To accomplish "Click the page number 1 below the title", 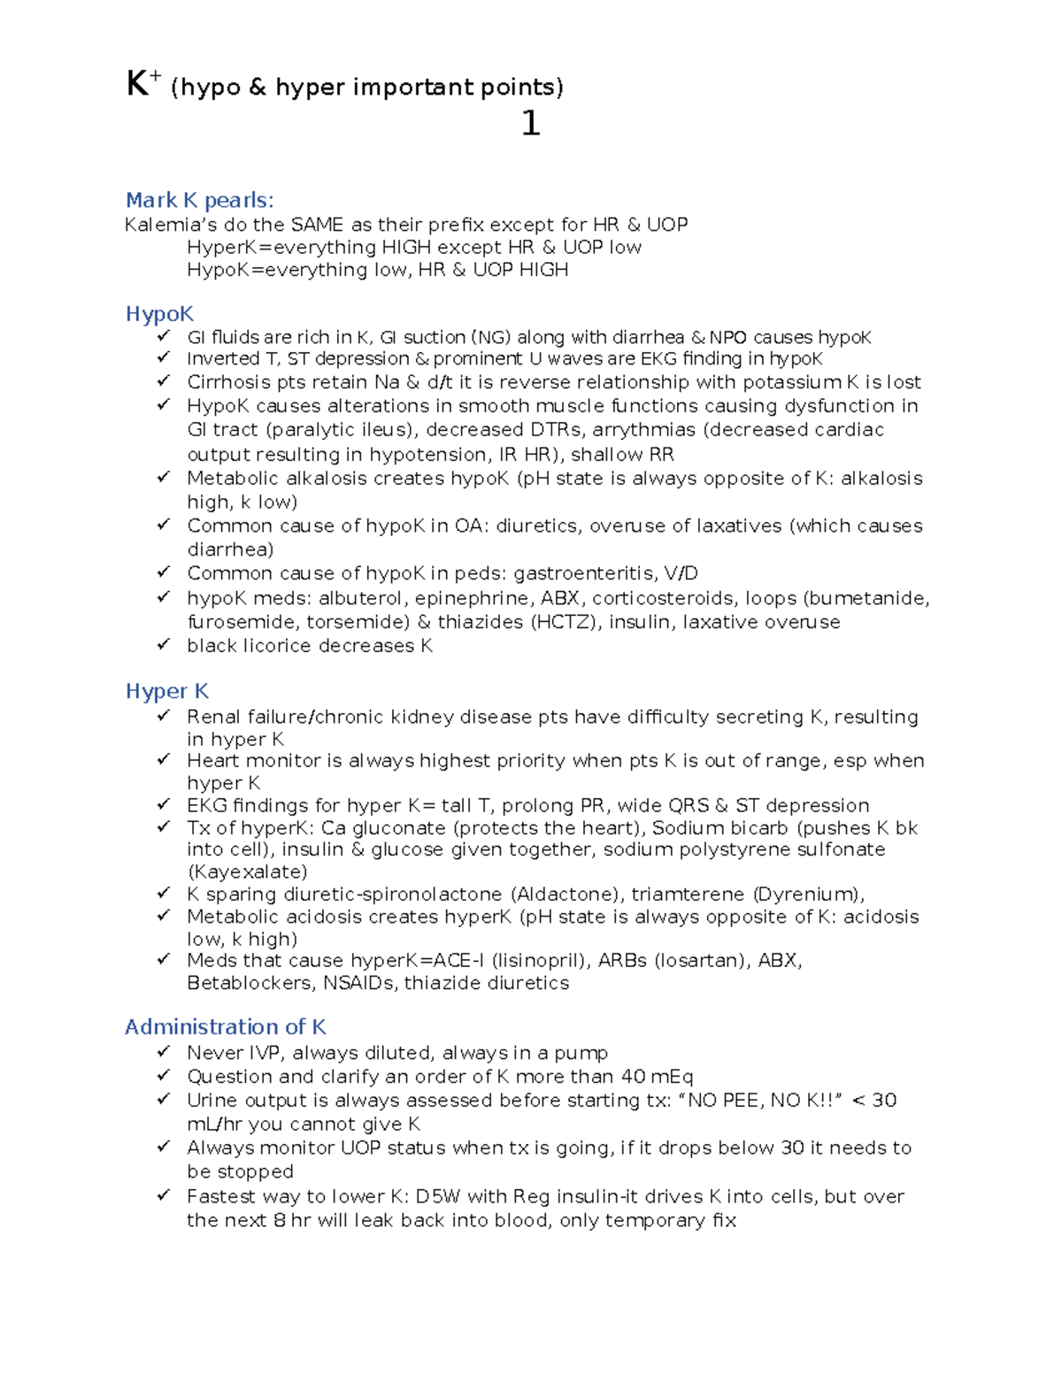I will tap(530, 124).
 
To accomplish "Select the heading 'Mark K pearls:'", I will tap(199, 201).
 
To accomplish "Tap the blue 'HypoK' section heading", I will tap(159, 314).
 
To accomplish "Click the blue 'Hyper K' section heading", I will tap(166, 691).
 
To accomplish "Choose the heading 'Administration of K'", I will tap(226, 1027).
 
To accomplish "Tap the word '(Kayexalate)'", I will tap(247, 872).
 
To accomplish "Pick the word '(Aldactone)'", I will tap(566, 894).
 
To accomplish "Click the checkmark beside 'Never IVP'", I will tap(163, 1052).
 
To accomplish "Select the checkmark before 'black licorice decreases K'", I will tap(163, 645).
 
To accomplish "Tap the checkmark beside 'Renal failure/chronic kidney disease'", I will tap(163, 716).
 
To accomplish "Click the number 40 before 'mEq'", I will tap(633, 1077).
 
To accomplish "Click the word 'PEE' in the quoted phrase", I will tap(743, 1101).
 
